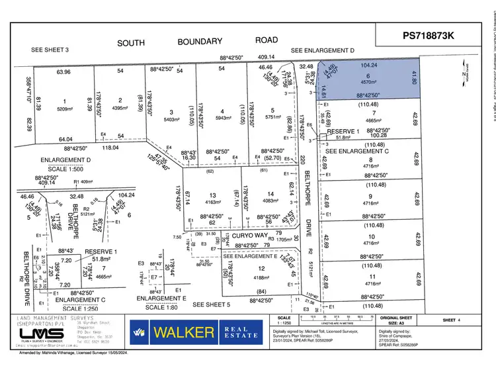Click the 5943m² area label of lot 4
pyautogui.click(x=224, y=118)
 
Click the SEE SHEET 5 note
pyautogui.click(x=212, y=304)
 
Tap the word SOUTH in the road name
pyautogui.click(x=131, y=42)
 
